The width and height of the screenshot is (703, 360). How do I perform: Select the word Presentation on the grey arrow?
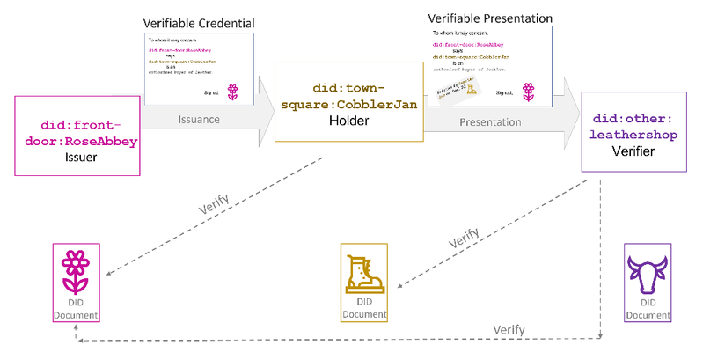(x=490, y=122)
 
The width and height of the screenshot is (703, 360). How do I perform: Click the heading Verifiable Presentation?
(x=489, y=18)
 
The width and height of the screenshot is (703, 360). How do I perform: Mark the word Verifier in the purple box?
(x=631, y=151)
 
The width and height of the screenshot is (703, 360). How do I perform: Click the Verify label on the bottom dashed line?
(x=509, y=330)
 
